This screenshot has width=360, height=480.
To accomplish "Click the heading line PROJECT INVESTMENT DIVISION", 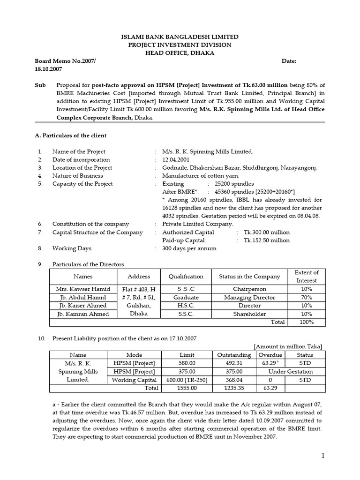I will point(180,45).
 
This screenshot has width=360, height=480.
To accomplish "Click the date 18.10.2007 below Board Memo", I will point(48,69).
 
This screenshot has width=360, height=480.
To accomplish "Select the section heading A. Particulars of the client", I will point(71,135).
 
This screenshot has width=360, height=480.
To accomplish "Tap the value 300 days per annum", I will point(189,248).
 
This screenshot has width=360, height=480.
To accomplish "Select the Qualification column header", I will point(186,277).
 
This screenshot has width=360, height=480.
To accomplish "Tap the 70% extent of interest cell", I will point(307,298).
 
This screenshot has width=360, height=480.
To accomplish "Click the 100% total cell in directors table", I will point(307,322).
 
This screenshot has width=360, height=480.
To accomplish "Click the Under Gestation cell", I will point(291,372).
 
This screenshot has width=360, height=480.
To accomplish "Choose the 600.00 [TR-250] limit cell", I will point(186,380).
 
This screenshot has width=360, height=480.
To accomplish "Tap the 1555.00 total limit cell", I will point(186,388).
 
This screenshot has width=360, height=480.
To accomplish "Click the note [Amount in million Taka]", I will point(288,346).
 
